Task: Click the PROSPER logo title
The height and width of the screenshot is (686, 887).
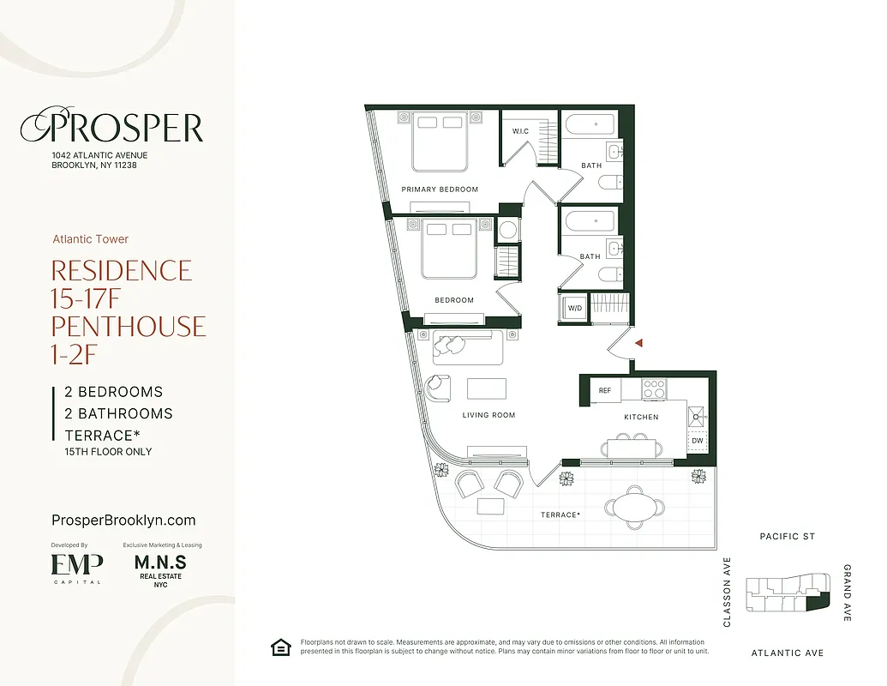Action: point(111,128)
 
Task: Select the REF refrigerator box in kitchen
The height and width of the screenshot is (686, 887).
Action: point(605,390)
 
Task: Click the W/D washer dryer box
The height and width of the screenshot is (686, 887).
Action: point(573,308)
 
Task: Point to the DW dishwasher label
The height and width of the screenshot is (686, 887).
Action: point(697,441)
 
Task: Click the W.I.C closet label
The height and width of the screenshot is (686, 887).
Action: point(520,131)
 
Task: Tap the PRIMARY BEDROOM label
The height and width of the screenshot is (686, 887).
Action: point(440,190)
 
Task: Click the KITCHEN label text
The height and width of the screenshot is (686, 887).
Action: point(641,417)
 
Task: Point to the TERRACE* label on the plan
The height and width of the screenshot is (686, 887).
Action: point(560,514)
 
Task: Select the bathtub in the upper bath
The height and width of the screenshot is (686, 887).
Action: point(591,124)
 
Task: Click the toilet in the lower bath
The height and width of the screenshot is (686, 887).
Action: point(610,274)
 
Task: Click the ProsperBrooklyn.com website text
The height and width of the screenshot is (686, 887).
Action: point(124,521)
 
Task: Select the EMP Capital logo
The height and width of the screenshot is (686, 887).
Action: point(77,568)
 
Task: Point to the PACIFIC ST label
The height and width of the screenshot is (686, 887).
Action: point(787,537)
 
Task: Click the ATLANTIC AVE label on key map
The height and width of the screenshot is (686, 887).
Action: point(787,653)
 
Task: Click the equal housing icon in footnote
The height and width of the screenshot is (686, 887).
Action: point(279,647)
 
